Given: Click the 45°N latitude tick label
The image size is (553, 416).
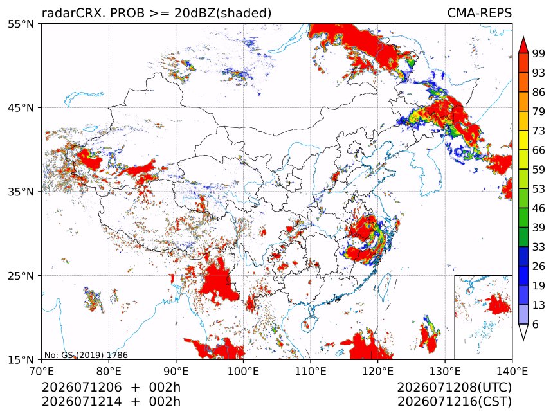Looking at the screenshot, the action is pyautogui.click(x=21, y=107).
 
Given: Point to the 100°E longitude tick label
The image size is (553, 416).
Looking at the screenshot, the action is pyautogui.click(x=243, y=371).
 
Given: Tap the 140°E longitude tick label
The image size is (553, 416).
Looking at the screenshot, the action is pyautogui.click(x=512, y=371).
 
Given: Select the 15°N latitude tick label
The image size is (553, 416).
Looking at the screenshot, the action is pyautogui.click(x=21, y=360).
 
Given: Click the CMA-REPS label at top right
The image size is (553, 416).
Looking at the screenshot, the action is pyautogui.click(x=479, y=13).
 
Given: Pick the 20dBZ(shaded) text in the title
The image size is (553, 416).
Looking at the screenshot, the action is pyautogui.click(x=223, y=14).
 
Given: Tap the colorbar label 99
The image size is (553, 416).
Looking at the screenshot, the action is pyautogui.click(x=539, y=53).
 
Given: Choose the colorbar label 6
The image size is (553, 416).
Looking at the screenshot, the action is pyautogui.click(x=536, y=324).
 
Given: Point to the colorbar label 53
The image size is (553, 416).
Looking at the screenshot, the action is pyautogui.click(x=539, y=189).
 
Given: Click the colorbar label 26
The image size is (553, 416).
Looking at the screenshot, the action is pyautogui.click(x=539, y=266).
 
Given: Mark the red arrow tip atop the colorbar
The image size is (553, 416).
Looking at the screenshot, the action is pyautogui.click(x=523, y=37).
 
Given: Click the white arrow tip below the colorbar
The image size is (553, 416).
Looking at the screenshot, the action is pyautogui.click(x=523, y=340).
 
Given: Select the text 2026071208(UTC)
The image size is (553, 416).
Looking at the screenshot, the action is pyautogui.click(x=454, y=388).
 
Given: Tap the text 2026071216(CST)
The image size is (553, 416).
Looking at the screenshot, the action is pyautogui.click(x=454, y=402).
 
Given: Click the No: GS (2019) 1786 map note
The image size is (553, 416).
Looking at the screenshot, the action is pyautogui.click(x=86, y=355).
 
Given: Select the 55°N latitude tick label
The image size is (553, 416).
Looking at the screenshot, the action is pyautogui.click(x=21, y=24).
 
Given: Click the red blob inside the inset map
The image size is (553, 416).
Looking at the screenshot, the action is pyautogui.click(x=497, y=304).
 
